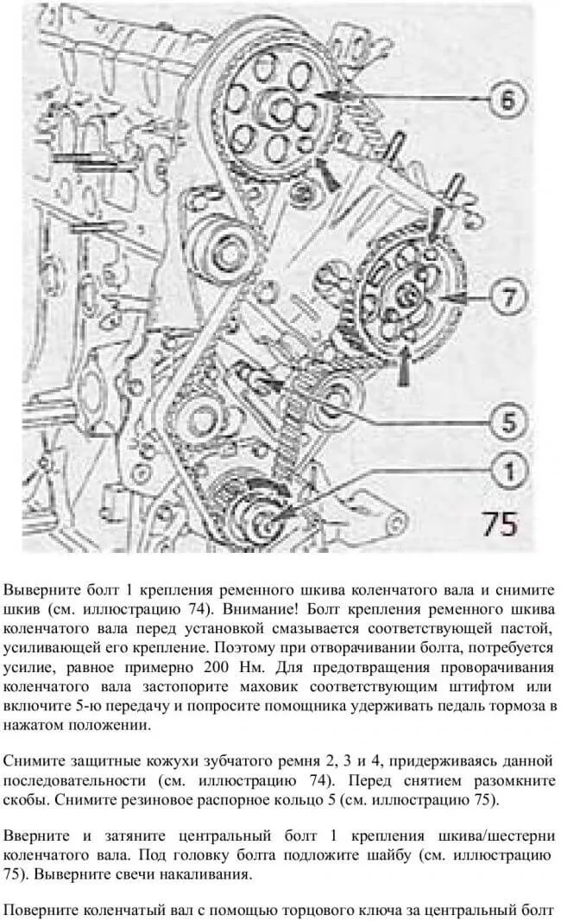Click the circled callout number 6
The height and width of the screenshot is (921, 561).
point(506,98)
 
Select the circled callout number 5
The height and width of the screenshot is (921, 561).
point(507,422)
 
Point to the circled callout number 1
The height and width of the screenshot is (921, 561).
point(507,471)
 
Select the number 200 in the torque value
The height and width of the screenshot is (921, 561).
point(217,667)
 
